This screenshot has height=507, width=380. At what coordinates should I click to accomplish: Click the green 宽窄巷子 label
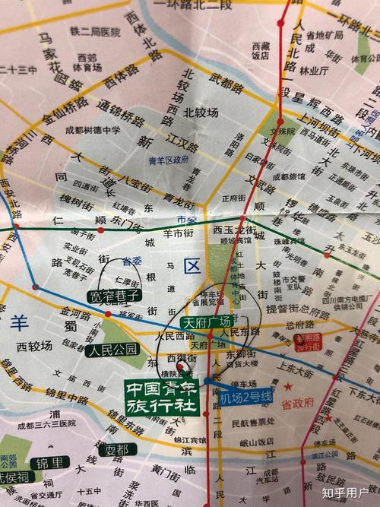(113, 296)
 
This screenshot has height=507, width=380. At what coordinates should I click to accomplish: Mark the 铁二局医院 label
(95, 32)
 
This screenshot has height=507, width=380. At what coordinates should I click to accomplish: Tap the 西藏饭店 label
(261, 50)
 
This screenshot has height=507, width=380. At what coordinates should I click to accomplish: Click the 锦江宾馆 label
(188, 439)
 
